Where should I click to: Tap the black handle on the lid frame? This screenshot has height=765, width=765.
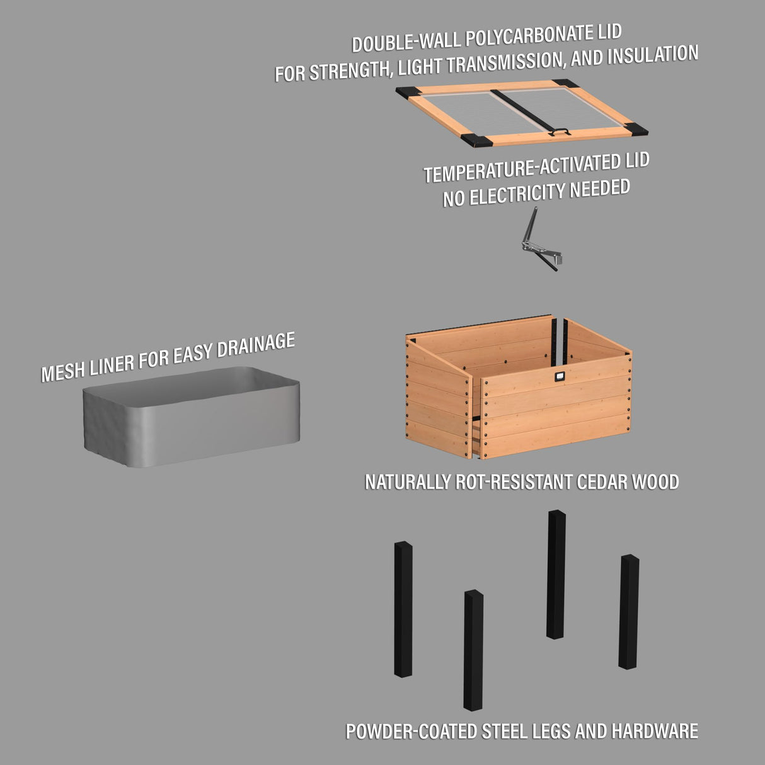click(x=560, y=132)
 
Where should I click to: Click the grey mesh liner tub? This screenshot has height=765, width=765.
click(x=191, y=417)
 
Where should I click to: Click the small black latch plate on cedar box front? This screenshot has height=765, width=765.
click(x=560, y=377)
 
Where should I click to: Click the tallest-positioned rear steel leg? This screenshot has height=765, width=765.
click(x=556, y=574)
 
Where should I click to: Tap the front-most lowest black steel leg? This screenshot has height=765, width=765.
click(x=473, y=650)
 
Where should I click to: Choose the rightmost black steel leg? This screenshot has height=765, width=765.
click(x=628, y=611)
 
